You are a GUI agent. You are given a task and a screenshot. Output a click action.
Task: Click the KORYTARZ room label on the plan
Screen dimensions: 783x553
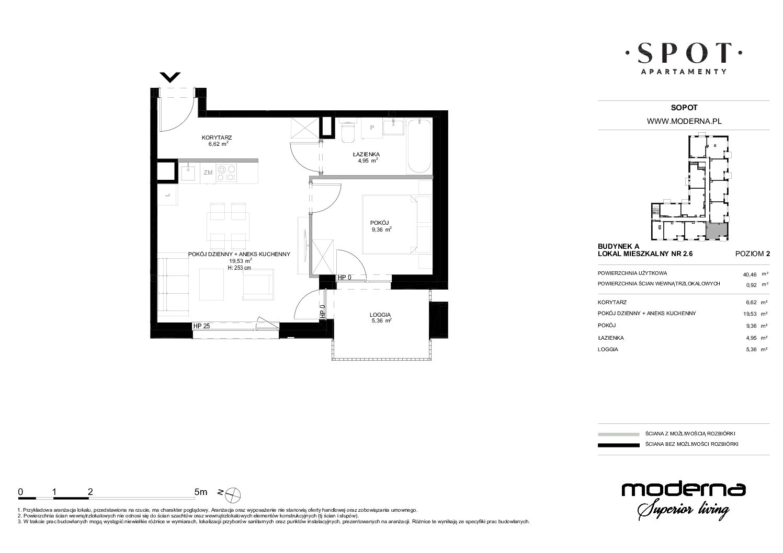(217, 137)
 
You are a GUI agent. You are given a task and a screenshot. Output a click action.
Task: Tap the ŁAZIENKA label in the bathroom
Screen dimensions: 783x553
(366, 154)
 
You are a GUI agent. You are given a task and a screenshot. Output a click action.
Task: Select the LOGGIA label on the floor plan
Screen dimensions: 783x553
(380, 315)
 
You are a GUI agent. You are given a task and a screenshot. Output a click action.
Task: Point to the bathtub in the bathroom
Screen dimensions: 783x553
(419, 146)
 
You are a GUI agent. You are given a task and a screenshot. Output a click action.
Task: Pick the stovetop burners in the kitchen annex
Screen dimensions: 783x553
(226, 174)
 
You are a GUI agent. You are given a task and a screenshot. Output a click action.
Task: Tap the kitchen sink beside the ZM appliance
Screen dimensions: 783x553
(190, 174)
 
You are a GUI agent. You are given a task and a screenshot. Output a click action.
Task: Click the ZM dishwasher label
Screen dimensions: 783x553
(208, 172)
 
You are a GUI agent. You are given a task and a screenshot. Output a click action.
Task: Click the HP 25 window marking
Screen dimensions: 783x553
(202, 326)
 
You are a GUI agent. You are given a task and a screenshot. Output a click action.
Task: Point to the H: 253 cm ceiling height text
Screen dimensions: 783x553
(239, 268)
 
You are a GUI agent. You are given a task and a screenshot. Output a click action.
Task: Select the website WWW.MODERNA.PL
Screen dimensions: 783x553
(684, 121)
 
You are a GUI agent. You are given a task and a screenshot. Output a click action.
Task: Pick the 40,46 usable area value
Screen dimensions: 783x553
(750, 274)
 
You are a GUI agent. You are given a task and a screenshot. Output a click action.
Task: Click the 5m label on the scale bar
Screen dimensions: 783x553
(201, 492)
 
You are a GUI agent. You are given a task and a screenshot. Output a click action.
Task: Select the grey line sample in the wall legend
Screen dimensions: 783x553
(619, 434)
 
